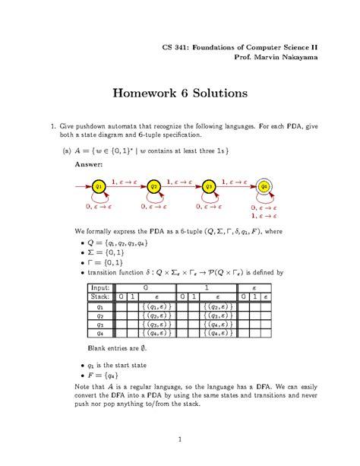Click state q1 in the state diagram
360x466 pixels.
click(x=99, y=186)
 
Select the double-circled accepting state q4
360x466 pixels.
click(x=264, y=186)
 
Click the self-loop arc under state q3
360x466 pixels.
click(x=209, y=201)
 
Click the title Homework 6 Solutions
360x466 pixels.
click(x=180, y=94)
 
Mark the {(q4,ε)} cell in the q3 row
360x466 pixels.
click(x=221, y=321)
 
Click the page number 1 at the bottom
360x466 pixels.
click(x=179, y=439)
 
